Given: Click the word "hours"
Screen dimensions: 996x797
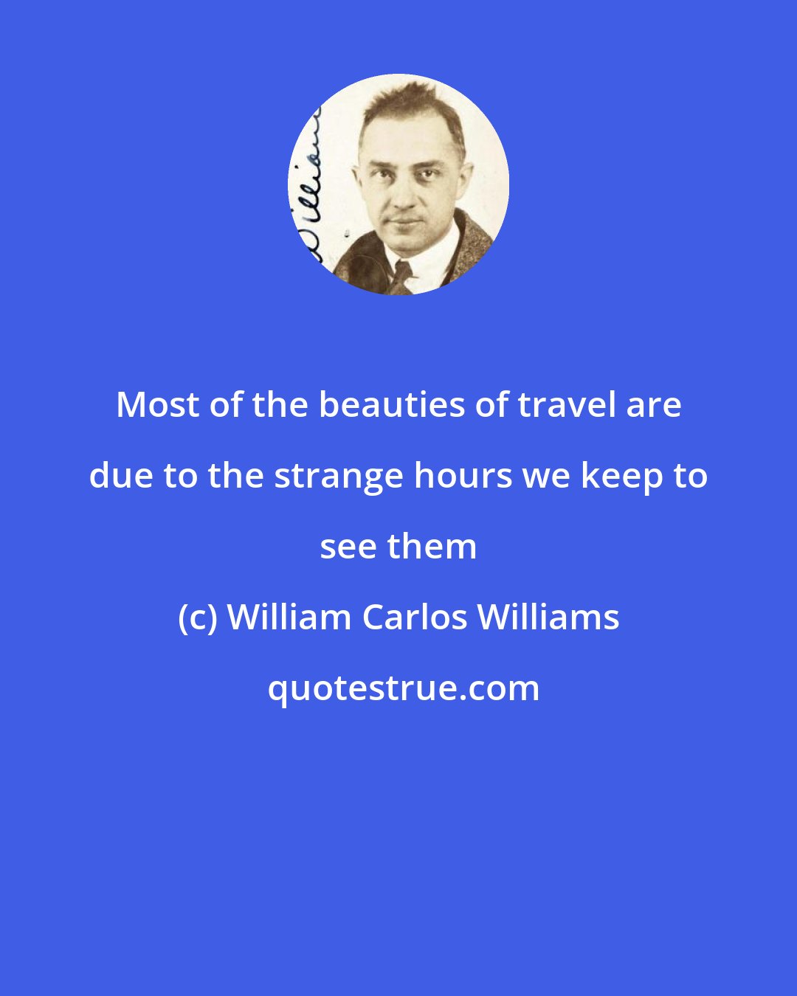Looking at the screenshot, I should point(463,476).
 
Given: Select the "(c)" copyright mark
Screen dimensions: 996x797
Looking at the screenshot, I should point(197,618).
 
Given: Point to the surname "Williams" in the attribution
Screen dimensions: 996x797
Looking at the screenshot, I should point(548,618).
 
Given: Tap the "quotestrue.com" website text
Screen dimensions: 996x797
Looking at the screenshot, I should point(403,689).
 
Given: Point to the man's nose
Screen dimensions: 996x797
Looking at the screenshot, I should point(404,193).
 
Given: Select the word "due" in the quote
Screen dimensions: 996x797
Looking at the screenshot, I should point(121,476).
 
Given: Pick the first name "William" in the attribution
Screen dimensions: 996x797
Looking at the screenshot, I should point(289,618).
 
